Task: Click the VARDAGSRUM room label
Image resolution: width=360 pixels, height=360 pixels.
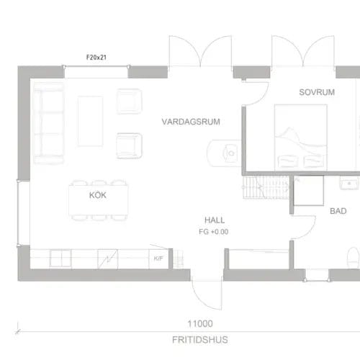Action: click(x=191, y=122)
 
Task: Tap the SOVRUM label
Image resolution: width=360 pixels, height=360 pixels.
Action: click(x=317, y=92)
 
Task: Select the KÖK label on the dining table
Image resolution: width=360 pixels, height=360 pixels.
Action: click(x=98, y=195)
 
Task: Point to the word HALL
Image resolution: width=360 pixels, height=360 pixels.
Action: click(x=215, y=220)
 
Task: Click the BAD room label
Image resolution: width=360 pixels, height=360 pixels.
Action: click(x=338, y=211)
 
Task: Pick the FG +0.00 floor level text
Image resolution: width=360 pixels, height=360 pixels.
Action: click(x=214, y=232)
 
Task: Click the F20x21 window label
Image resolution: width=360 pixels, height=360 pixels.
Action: click(x=96, y=58)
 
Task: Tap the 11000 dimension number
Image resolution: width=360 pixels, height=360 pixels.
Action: click(x=200, y=324)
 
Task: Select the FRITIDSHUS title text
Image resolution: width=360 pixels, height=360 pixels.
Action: click(x=200, y=340)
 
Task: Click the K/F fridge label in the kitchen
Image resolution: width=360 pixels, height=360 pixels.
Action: click(x=158, y=258)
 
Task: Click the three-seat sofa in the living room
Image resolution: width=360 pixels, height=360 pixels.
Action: click(x=49, y=123)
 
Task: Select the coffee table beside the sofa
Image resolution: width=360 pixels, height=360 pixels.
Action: click(x=91, y=121)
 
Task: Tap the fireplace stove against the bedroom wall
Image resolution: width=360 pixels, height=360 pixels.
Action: click(x=224, y=153)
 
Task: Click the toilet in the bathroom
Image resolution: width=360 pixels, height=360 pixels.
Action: click(x=354, y=258)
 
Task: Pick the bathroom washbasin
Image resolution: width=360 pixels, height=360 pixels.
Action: click(x=350, y=184)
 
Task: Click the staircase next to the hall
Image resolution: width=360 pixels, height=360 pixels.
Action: click(x=266, y=187)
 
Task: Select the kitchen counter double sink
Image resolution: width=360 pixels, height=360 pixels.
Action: click(x=60, y=258)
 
